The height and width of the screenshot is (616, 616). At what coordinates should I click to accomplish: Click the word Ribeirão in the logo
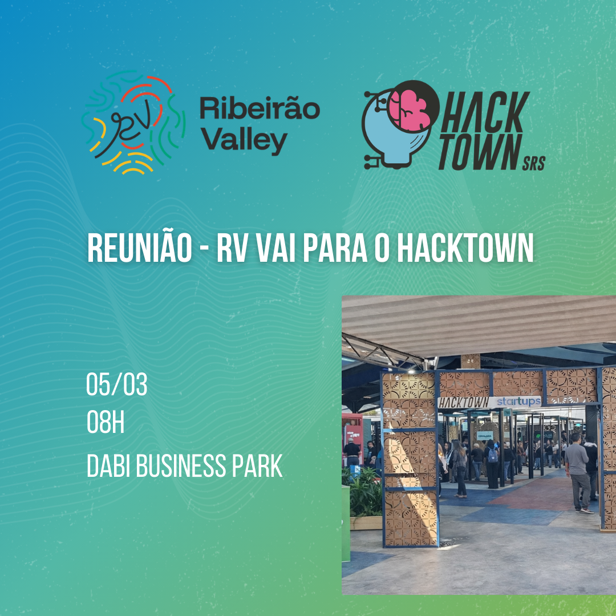[x=260, y=109]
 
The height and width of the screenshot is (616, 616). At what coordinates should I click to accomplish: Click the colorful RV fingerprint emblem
[x=133, y=123]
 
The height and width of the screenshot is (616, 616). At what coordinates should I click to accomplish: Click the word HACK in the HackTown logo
[x=485, y=112]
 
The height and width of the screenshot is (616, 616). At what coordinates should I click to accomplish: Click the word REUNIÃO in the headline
[x=140, y=248]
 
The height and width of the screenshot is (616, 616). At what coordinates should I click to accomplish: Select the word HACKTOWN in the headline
[x=465, y=248]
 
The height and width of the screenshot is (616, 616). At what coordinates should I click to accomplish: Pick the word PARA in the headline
[x=335, y=248]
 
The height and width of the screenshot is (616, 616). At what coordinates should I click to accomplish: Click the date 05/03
[x=117, y=384]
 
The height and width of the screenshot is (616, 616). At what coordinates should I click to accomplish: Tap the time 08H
[x=106, y=422]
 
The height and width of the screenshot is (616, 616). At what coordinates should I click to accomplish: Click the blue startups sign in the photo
[x=518, y=402]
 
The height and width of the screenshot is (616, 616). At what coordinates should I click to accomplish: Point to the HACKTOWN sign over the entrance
[x=464, y=403]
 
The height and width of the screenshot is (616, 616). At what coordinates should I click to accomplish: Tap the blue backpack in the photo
[x=492, y=455]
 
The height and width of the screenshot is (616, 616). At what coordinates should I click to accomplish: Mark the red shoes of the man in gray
[x=584, y=510]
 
